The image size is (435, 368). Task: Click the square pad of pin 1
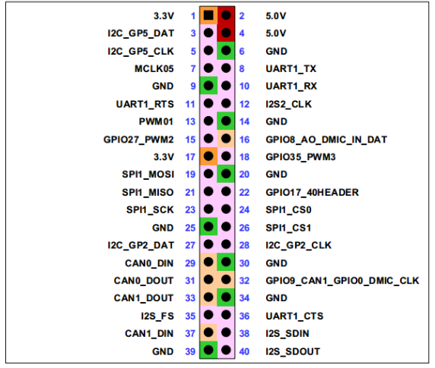coord(208,16)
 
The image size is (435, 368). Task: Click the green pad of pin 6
coord(227,51)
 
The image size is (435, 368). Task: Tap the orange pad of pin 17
coord(208,156)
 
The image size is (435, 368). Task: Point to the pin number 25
coord(192,227)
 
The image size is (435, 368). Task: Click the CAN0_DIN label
coord(153,262)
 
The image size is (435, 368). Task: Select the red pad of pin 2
coord(227,16)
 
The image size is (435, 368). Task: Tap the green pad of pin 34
coord(227,297)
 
